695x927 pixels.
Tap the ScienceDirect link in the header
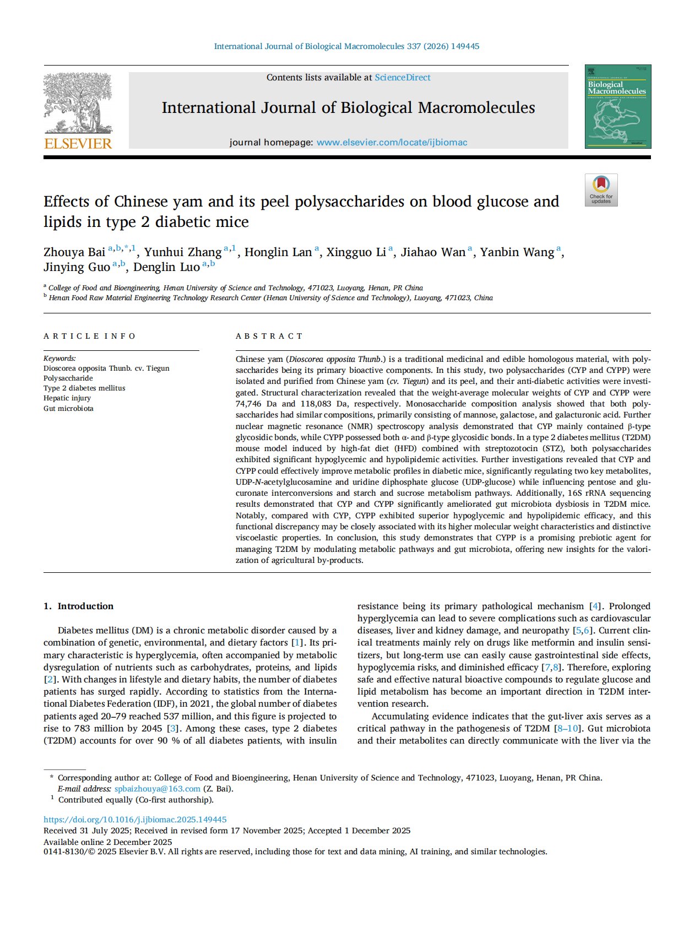(x=403, y=78)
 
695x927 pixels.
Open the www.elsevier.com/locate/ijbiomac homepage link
(x=392, y=143)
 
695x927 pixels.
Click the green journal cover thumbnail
(x=617, y=107)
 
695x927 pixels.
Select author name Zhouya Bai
(x=74, y=252)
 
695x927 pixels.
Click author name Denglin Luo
(x=166, y=267)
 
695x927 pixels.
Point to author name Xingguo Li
(x=356, y=252)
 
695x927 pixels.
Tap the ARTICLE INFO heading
(x=89, y=336)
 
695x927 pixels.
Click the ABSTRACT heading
(x=269, y=336)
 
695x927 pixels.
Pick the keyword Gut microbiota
(x=68, y=409)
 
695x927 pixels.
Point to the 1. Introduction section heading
(x=78, y=606)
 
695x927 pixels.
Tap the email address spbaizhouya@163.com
(x=157, y=789)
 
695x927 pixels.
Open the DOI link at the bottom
(x=135, y=820)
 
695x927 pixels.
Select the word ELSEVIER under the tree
(x=78, y=144)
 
